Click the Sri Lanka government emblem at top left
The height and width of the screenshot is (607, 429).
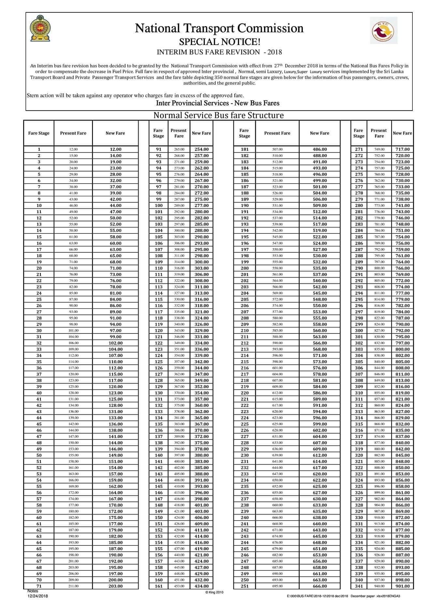click(40, 28)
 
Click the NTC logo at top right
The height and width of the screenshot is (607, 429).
click(383, 31)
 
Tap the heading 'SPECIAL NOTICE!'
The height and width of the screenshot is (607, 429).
click(219, 42)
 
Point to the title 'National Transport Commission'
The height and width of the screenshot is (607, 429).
click(219, 29)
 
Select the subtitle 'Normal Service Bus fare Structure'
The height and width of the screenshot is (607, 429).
click(218, 115)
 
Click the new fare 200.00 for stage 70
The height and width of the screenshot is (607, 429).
click(115, 580)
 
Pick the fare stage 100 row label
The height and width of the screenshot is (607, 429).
click(158, 206)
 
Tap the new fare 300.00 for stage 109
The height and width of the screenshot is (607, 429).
click(201, 262)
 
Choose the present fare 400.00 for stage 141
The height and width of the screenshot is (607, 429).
click(179, 462)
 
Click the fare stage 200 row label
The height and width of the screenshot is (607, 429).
click(244, 268)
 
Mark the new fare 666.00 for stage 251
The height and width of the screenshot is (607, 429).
click(319, 586)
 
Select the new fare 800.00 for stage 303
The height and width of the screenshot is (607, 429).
click(402, 349)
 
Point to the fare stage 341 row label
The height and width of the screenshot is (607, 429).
click(359, 586)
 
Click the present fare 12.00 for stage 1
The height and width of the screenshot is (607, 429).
click(73, 149)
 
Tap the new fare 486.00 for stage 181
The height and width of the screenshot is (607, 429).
click(319, 149)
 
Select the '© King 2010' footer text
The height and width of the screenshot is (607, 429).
click(214, 592)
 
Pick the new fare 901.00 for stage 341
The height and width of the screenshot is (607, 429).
click(402, 586)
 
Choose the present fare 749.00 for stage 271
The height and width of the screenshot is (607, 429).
click(379, 149)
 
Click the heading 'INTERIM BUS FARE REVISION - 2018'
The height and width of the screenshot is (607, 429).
click(219, 52)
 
